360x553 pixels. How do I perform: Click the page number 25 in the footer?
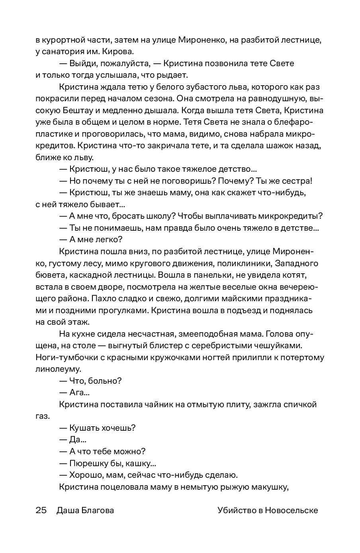coord(41,510)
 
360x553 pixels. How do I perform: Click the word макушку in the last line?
coord(269,487)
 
